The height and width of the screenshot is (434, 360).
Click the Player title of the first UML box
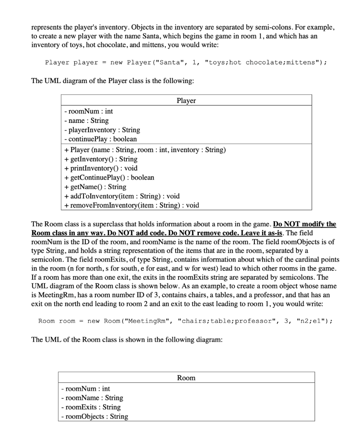coord(186,100)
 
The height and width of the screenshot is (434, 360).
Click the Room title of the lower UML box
coord(186,378)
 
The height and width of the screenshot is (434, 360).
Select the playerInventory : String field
coord(100,130)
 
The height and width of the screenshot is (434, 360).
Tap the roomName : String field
coord(92,398)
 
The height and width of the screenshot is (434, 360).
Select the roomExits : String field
coord(91,407)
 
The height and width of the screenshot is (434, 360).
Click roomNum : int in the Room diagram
coord(86,388)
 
